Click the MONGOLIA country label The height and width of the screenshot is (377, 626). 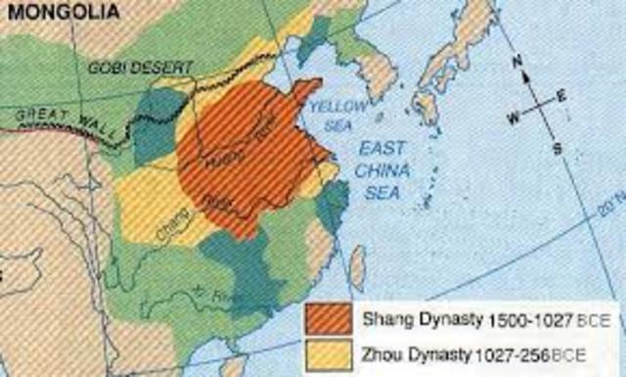point(53,12)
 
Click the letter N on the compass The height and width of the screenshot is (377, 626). point(520,61)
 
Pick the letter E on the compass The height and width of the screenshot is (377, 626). point(562,95)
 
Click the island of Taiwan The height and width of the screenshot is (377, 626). point(357,265)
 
